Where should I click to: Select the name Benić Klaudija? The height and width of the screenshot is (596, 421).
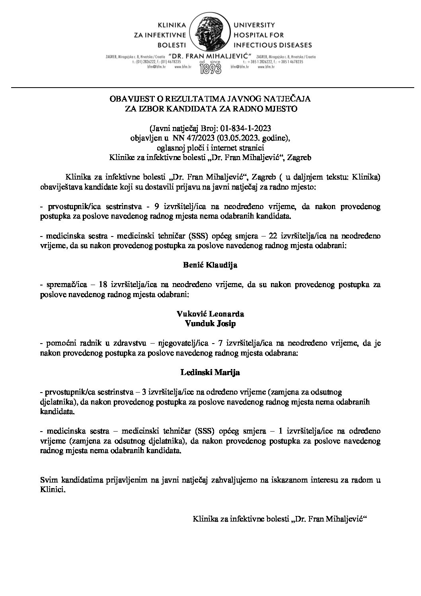click(210, 265)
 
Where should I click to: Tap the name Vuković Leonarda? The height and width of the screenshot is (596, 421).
click(210, 314)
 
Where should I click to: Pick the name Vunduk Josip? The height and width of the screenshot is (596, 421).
click(210, 324)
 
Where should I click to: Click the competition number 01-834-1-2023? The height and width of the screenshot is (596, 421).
click(243, 128)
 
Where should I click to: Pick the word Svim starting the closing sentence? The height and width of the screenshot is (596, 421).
click(48, 481)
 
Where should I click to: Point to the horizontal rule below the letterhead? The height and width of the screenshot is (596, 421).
click(210, 86)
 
